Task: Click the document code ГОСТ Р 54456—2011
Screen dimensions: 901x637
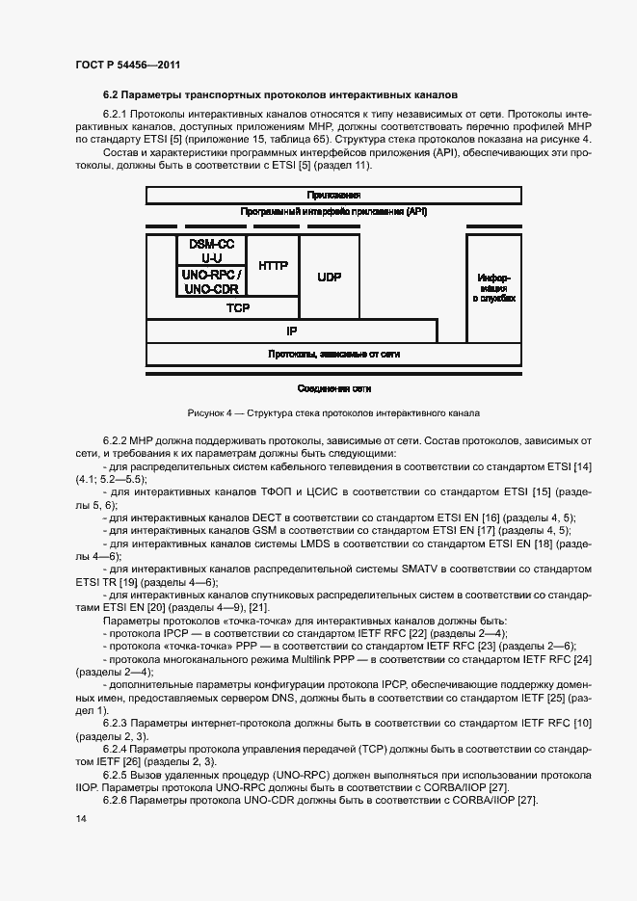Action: (127, 65)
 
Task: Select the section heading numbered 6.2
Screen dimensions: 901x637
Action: (279, 94)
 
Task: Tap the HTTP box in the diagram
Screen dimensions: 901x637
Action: (274, 265)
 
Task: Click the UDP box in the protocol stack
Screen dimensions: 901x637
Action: (330, 277)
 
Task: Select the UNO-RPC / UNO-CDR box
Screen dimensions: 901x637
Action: (211, 280)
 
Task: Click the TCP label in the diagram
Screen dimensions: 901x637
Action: (237, 308)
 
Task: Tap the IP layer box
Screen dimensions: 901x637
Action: (290, 331)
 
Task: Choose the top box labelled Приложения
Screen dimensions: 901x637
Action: (333, 196)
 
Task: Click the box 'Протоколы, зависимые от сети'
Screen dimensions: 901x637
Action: (333, 355)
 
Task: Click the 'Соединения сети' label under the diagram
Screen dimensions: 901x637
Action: (333, 388)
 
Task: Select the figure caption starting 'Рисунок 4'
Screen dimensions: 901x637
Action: (333, 412)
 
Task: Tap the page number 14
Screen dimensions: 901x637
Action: (80, 819)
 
